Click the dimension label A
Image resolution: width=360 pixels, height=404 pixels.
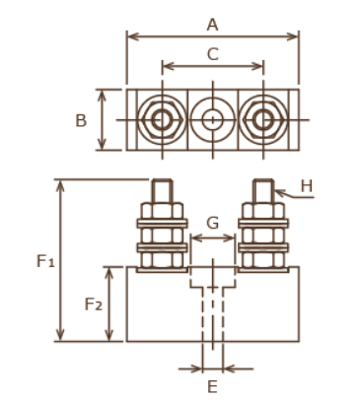pos(213,25)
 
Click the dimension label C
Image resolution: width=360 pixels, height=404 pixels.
pos(213,54)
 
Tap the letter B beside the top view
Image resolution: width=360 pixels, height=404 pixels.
pos(81,120)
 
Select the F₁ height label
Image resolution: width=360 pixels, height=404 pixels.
pos(45,261)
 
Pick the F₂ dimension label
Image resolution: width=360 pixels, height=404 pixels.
pos(94,304)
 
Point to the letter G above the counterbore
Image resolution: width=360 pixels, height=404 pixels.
pos(213,223)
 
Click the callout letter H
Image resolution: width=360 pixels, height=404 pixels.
pos(307,186)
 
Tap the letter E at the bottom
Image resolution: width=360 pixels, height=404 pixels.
pos(213,386)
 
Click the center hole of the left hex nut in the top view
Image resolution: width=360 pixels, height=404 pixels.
pos(162,120)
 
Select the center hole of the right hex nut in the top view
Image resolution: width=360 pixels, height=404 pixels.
pos(263,120)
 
